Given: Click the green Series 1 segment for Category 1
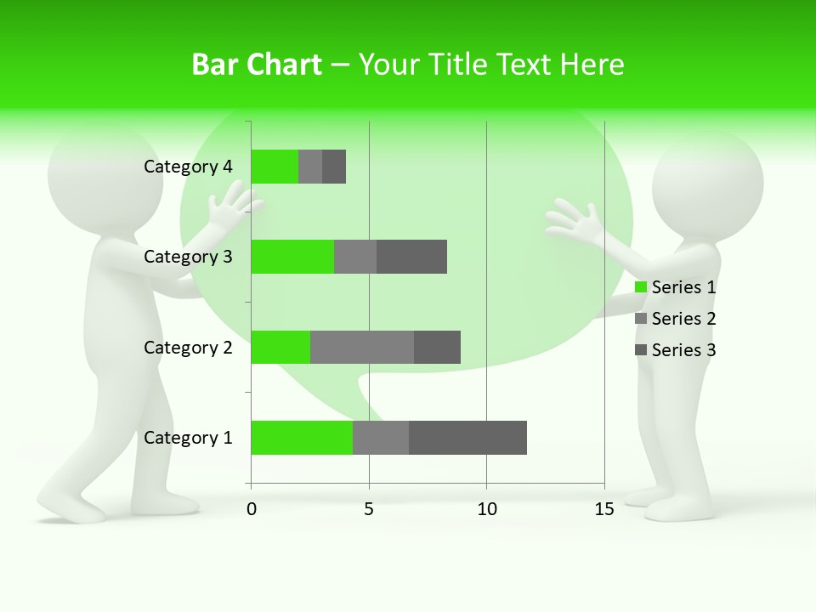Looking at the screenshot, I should point(302,438).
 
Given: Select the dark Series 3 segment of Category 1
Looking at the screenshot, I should point(467,438).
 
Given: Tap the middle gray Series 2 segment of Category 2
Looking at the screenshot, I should point(362,347).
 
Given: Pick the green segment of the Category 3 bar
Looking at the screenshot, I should point(292,257).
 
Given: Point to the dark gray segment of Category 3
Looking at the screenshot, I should point(411,257).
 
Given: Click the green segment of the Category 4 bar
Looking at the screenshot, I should point(275,167).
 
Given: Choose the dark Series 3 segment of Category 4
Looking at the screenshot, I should point(334,167).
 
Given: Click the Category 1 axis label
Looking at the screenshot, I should point(188,438).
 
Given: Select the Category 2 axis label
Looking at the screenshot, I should point(188,347).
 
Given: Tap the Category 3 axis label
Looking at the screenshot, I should point(188,257).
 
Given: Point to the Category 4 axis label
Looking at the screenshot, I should point(188,167).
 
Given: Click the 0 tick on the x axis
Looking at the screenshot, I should point(251,509).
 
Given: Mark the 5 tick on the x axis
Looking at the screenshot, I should point(369,509).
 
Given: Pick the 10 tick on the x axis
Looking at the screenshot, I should point(486,509).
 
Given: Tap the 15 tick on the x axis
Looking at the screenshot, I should point(604,509).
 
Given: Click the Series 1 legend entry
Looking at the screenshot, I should point(676,287).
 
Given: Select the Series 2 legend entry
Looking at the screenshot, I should point(676,319).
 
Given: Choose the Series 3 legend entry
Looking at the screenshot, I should point(676,350).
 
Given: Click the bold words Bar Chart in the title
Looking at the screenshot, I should point(257,65).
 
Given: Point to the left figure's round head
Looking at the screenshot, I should point(105,178).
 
